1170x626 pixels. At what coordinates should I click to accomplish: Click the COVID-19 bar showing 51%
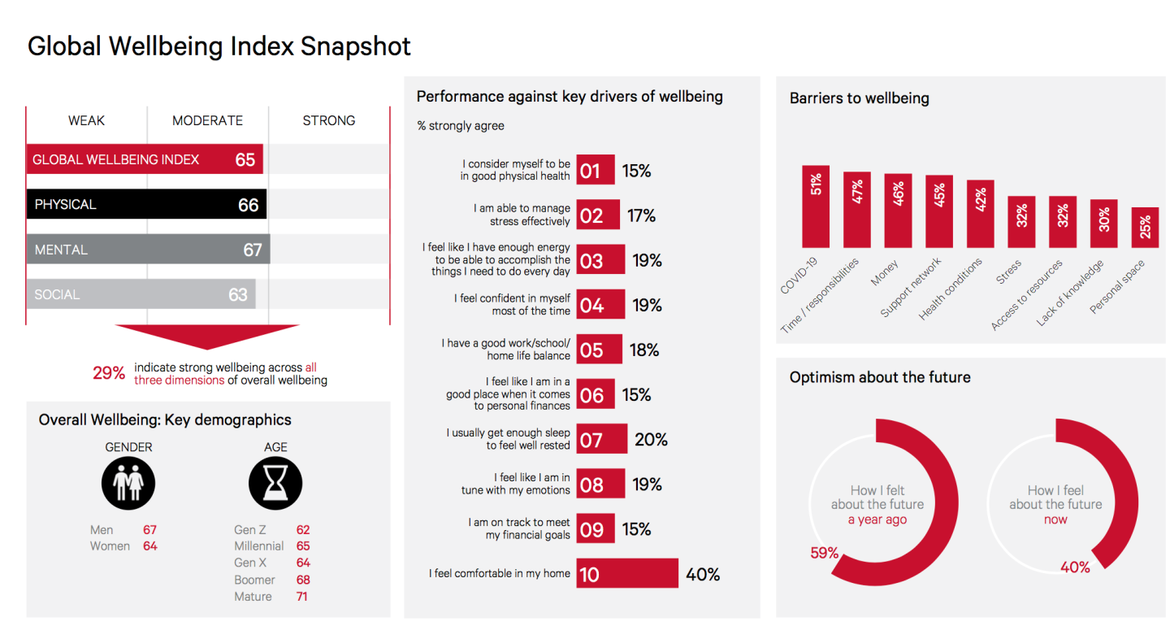pos(816,206)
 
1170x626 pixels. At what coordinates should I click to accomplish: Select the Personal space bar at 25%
pos(1145,227)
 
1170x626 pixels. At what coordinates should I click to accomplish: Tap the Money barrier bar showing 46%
pos(898,211)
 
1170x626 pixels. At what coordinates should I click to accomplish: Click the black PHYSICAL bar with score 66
pos(146,204)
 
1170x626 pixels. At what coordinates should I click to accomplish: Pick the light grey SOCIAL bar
pos(141,294)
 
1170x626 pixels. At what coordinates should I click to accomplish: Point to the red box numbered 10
pos(627,573)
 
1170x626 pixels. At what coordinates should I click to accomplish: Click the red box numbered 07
pos(601,439)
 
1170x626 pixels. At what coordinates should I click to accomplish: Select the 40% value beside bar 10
pos(703,574)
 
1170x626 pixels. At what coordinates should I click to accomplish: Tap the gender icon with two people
pos(128,483)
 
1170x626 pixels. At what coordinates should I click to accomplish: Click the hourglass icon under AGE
pos(275,483)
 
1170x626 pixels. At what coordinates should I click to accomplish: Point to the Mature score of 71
pos(302,597)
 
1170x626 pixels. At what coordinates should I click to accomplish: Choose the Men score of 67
pos(149,530)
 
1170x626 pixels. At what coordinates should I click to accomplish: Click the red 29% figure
pos(109,373)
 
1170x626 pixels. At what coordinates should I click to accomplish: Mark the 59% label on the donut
pos(824,553)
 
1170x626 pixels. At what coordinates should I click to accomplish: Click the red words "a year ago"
pos(877,519)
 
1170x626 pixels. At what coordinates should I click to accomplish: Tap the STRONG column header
pos(329,120)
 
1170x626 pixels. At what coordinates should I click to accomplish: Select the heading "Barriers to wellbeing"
pos(859,98)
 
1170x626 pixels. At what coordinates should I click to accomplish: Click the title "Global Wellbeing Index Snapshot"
pos(219,46)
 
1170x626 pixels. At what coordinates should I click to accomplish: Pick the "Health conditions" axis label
pos(951,289)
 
